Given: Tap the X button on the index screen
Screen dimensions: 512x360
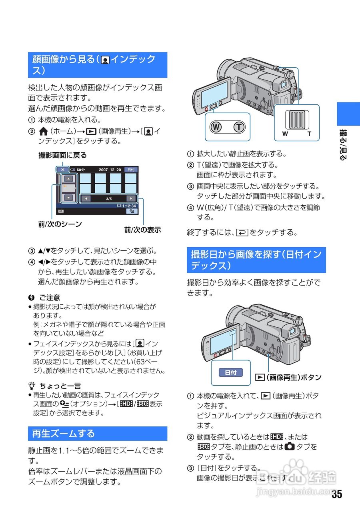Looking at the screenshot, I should pyautogui.click(x=63, y=170).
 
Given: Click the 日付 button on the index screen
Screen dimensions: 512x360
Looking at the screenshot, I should pyautogui.click(x=130, y=170).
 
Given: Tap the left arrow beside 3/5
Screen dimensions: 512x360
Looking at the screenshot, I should pyautogui.click(x=86, y=198).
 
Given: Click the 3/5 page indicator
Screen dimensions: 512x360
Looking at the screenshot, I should pyautogui.click(x=109, y=198).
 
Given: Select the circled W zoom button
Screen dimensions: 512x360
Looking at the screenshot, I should pyautogui.click(x=216, y=127).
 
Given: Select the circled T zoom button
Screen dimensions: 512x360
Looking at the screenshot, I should pyautogui.click(x=239, y=127).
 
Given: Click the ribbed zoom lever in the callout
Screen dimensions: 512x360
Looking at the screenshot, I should pyautogui.click(x=297, y=119).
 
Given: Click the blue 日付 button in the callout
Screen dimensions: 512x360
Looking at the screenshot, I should pyautogui.click(x=231, y=373).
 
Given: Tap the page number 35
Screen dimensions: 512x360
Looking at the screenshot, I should pyautogui.click(x=337, y=494).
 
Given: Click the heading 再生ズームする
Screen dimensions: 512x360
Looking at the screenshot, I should pyautogui.click(x=63, y=434).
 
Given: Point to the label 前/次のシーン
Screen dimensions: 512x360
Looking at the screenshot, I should pyautogui.click(x=60, y=224).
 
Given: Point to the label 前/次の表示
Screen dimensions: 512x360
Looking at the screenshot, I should pyautogui.click(x=142, y=230).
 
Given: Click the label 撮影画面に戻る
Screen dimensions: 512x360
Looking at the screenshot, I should pyautogui.click(x=62, y=155).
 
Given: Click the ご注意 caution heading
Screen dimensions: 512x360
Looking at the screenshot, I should pyautogui.click(x=49, y=298).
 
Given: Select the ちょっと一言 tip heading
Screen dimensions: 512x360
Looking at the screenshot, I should pyautogui.click(x=60, y=386).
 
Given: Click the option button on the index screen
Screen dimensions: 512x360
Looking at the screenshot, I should pyautogui.click(x=130, y=211).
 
